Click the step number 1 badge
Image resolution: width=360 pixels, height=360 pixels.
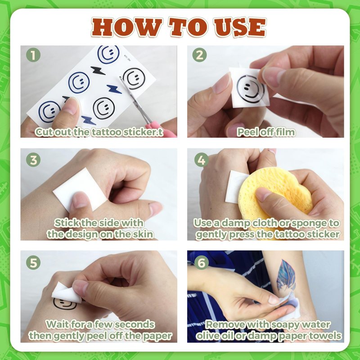coord(33,55)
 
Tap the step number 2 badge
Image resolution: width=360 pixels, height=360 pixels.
coord(199,55)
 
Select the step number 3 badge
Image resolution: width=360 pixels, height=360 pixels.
coord(33,160)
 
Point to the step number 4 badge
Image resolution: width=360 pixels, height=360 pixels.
coord(201,160)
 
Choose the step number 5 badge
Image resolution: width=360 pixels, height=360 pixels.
coord(33,263)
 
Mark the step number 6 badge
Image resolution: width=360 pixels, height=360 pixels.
coord(201,263)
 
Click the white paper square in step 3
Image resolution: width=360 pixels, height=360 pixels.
coord(79,189)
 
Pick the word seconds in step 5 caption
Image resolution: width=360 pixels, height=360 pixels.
coord(134,324)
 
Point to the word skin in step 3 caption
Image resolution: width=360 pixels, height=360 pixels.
coord(143,234)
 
